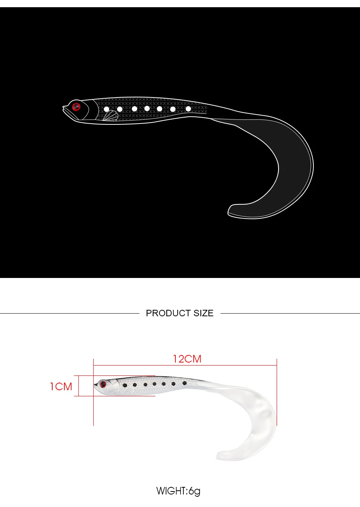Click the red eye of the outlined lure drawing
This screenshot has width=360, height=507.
[76, 107]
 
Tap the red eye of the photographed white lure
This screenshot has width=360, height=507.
[103, 384]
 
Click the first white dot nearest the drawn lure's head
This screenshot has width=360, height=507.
[106, 109]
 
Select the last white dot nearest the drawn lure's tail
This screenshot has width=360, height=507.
[188, 109]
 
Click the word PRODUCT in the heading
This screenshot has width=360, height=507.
[165, 313]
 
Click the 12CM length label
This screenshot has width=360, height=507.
[187, 359]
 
